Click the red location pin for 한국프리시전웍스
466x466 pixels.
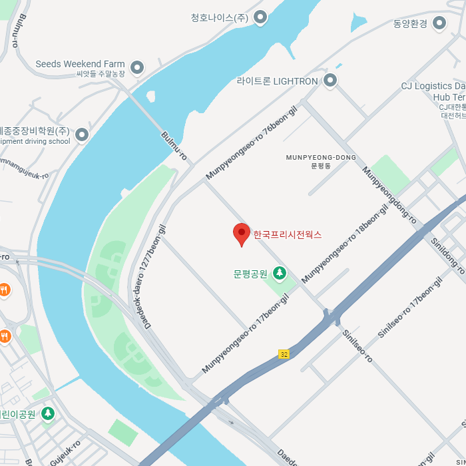tap(241, 234)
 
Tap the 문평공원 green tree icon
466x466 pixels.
tap(280, 272)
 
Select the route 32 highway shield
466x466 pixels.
tap(284, 354)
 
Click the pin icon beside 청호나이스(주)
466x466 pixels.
tap(260, 17)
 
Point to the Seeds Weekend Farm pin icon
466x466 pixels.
tap(137, 67)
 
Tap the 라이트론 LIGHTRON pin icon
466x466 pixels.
tap(330, 81)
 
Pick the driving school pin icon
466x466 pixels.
tap(82, 135)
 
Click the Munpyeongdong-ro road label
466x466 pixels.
tap(389, 195)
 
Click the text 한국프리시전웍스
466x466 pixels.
tap(287, 234)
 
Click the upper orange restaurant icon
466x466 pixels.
tap(4, 290)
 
